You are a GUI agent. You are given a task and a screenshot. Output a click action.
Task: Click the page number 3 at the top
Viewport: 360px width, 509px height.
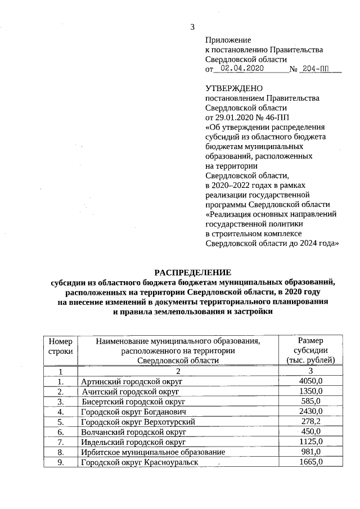pyautogui.click(x=192, y=26)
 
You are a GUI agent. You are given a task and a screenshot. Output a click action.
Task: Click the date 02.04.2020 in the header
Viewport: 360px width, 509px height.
pyautogui.click(x=242, y=69)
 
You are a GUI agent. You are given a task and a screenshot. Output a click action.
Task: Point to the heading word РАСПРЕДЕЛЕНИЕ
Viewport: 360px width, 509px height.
pyautogui.click(x=192, y=272)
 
